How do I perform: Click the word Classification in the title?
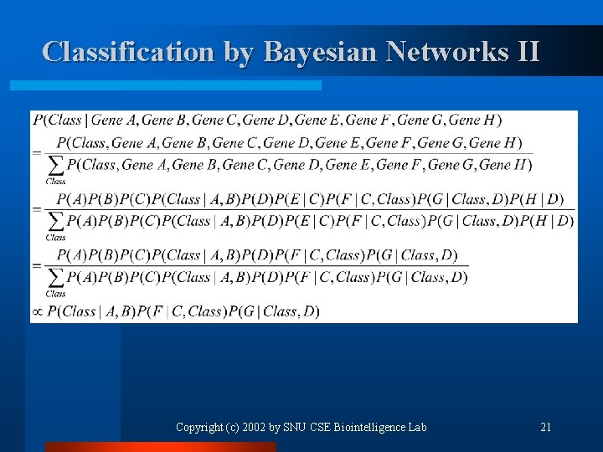click(129, 52)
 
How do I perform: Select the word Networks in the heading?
click(446, 52)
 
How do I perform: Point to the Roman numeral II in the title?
click(528, 52)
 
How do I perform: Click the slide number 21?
click(546, 428)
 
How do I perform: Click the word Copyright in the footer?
click(198, 428)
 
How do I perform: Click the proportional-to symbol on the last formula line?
click(37, 312)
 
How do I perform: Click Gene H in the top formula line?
click(477, 120)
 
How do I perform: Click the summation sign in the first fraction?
click(55, 166)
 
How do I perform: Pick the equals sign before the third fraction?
click(36, 265)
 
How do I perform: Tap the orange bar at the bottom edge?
click(159, 447)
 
